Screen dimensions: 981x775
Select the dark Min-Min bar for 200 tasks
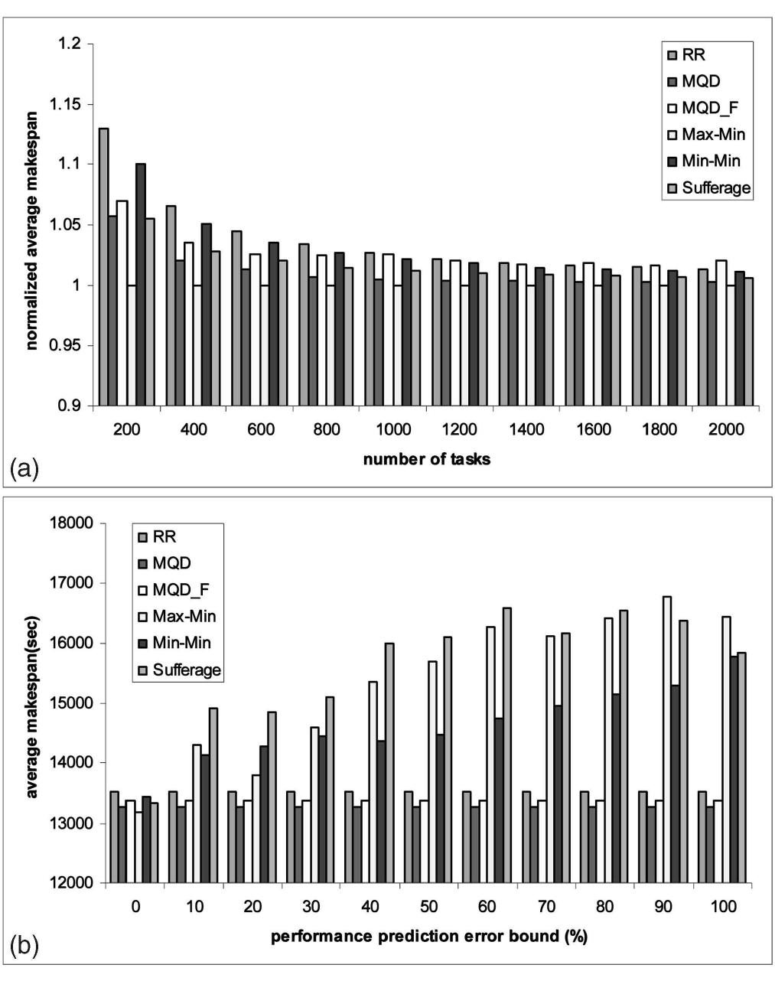point(140,284)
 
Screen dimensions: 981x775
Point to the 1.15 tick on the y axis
point(64,104)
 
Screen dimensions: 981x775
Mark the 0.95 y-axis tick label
point(64,345)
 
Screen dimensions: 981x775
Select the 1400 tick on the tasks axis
point(526,429)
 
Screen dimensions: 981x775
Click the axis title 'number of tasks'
point(427,460)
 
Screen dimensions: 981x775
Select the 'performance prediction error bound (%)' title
point(428,937)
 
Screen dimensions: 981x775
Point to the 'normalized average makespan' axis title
point(32,225)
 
